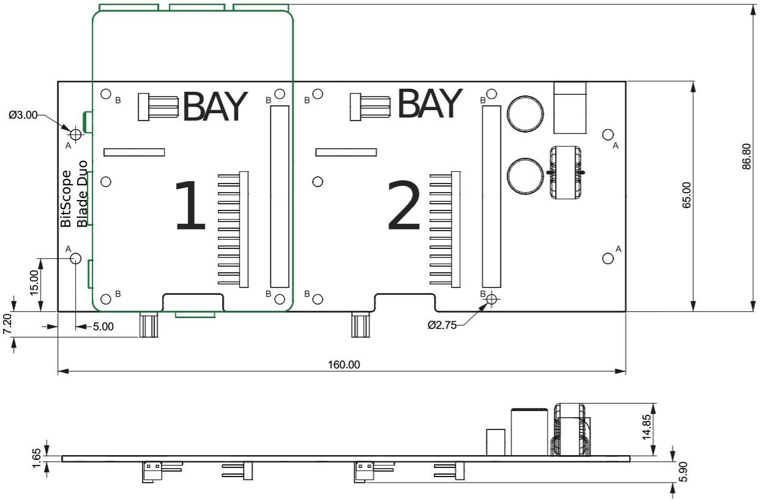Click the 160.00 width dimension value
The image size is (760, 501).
(344, 365)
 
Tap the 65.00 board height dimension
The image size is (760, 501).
(686, 195)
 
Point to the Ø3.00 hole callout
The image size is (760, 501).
(23, 114)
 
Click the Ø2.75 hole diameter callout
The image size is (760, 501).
(442, 325)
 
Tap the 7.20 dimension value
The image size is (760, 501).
(7, 322)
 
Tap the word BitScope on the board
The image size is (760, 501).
(67, 199)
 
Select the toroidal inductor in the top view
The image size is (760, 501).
(566, 173)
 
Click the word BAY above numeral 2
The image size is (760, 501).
(429, 104)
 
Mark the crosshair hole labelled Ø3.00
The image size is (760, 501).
(75, 134)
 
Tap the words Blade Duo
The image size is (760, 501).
(83, 193)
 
